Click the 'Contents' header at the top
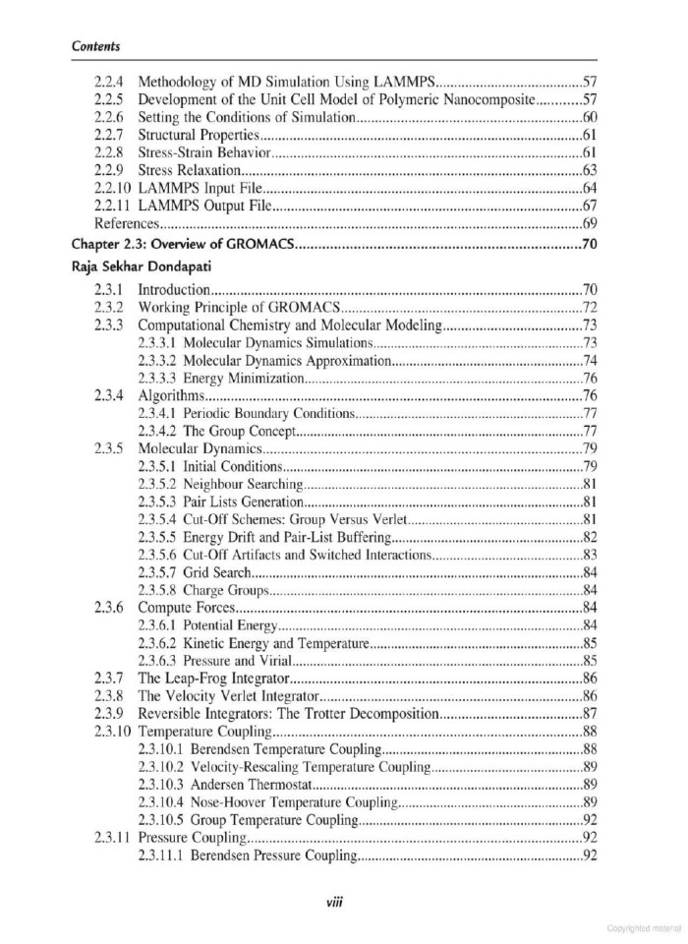(x=96, y=45)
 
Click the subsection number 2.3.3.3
(x=159, y=379)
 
